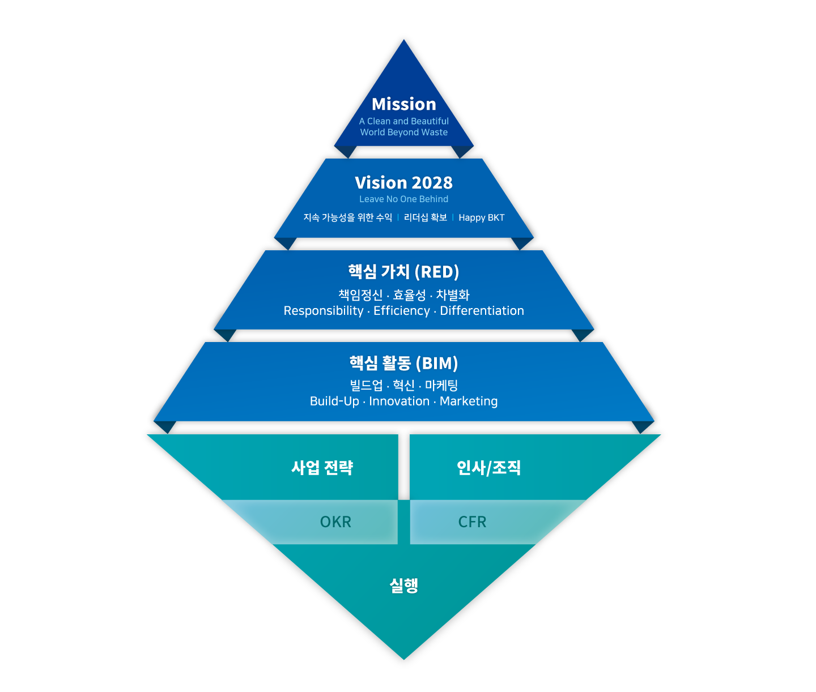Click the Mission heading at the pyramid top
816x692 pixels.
[x=403, y=104]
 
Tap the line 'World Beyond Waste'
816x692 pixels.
[x=403, y=133]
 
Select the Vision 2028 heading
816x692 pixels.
[x=403, y=183]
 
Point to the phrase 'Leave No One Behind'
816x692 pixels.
[x=403, y=199]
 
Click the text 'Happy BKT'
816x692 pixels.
[x=481, y=218]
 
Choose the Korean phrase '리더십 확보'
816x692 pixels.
[x=425, y=218]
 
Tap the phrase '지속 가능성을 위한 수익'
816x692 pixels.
[x=347, y=218]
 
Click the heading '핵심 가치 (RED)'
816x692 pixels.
[x=403, y=272]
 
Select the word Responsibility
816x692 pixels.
[x=324, y=311]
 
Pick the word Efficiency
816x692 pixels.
[x=401, y=311]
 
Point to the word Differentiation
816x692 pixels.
[x=482, y=311]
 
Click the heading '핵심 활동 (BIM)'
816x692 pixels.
[x=403, y=363]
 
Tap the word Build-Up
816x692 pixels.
[x=334, y=401]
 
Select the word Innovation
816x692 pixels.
[x=399, y=401]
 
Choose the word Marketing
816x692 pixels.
[x=469, y=401]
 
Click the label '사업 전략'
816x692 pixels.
[x=322, y=468]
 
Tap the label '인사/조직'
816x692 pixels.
[x=488, y=468]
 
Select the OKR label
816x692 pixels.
[x=335, y=522]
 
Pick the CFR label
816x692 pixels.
[x=472, y=522]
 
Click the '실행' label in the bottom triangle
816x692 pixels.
[x=403, y=586]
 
